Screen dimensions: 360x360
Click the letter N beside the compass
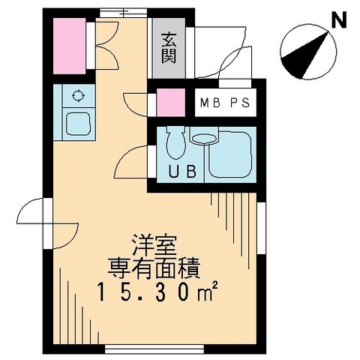pos(339,20)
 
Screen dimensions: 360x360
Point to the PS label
pos(241,103)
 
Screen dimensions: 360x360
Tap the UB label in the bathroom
pos(181,171)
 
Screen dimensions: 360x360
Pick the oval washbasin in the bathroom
pos(202,138)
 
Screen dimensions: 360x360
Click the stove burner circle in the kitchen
pos(77,96)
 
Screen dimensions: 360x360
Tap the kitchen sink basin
pos(77,122)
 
